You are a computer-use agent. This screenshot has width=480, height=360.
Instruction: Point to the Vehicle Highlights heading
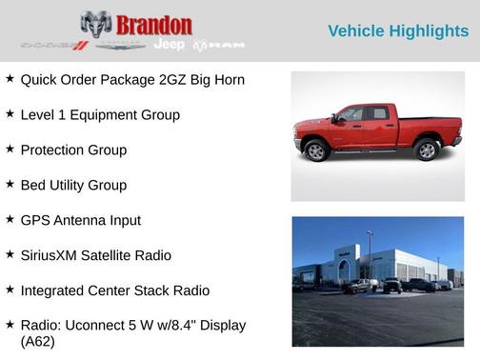tap(398, 31)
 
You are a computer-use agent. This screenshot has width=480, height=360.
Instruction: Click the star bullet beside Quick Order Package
tap(10, 79)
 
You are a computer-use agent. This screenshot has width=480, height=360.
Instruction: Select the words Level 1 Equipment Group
tap(100, 115)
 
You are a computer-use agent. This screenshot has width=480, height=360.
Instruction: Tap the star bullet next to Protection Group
tap(10, 150)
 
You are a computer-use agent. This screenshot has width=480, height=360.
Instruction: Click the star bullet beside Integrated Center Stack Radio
tap(10, 290)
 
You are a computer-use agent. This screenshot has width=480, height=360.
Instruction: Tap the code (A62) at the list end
tap(38, 342)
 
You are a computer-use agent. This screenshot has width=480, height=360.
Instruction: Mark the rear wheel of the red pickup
tap(427, 149)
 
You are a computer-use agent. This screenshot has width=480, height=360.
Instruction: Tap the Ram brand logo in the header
tap(220, 45)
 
